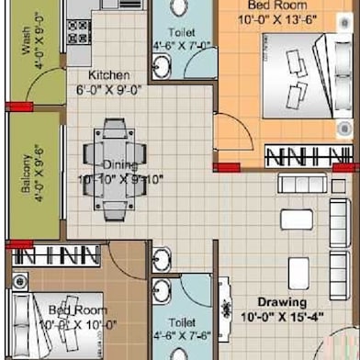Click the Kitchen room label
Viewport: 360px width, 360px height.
109,75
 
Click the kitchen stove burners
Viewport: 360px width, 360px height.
79,30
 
